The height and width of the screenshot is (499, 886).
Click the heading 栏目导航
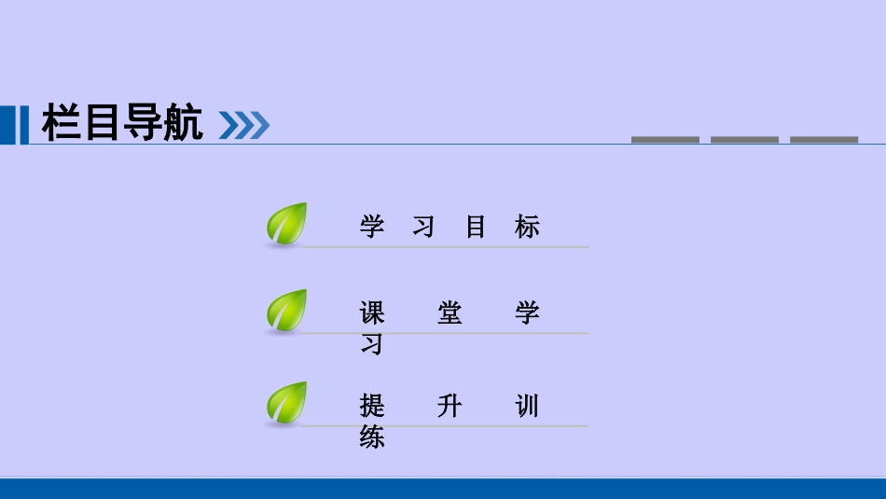(122, 124)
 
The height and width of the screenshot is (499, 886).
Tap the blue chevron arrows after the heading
(243, 125)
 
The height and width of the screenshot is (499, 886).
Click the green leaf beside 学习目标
(286, 224)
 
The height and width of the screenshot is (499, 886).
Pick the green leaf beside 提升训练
(286, 403)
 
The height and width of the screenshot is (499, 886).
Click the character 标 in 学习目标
(527, 227)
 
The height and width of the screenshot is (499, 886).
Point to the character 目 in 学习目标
(476, 227)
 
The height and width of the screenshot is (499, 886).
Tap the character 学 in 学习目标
(372, 227)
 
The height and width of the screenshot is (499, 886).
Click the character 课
(372, 313)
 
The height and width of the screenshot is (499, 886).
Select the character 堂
(450, 313)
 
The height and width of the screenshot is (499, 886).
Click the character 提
(372, 407)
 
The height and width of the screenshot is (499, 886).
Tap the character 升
(450, 407)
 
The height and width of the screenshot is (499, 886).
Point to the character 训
(527, 407)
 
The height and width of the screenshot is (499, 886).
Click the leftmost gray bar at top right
(665, 140)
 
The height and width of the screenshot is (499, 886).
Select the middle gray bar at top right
(744, 140)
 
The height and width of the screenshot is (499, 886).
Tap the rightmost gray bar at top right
(824, 140)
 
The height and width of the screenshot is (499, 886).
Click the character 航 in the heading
(183, 124)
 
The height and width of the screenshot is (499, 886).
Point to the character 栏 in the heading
(62, 124)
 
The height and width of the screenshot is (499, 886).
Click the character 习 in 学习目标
(423, 227)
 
